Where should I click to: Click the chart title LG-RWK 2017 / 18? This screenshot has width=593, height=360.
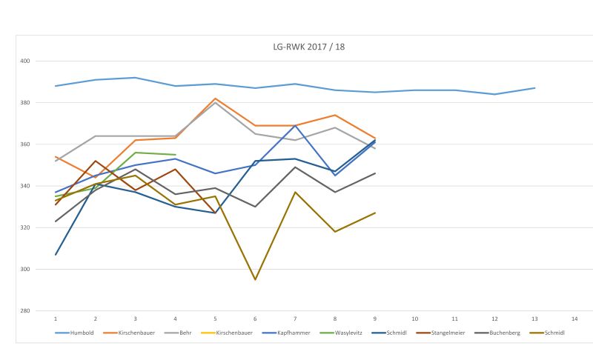point(308,46)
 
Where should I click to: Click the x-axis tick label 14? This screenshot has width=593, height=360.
point(574,319)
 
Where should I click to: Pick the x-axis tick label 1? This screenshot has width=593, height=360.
point(56,319)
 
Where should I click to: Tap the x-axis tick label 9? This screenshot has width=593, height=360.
point(375,319)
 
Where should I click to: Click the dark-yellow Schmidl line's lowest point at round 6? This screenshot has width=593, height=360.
point(255,279)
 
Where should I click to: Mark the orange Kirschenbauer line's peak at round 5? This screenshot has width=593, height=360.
point(215,99)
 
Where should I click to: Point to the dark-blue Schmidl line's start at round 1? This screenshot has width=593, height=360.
point(56,255)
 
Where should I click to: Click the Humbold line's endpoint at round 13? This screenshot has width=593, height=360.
point(534,88)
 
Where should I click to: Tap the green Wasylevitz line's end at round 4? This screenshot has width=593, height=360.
point(175,155)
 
